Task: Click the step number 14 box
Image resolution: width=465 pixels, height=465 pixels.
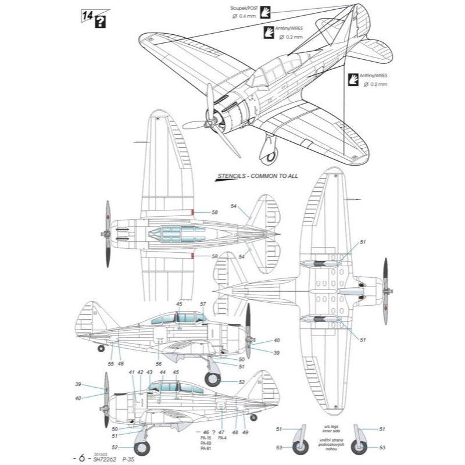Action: (86, 15)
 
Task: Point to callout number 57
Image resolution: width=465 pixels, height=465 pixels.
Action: (203, 304)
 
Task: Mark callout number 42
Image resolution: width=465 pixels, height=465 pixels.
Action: (140, 371)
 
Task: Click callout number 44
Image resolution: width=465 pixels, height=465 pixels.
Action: (162, 371)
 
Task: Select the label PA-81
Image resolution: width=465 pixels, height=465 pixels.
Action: (204, 449)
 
